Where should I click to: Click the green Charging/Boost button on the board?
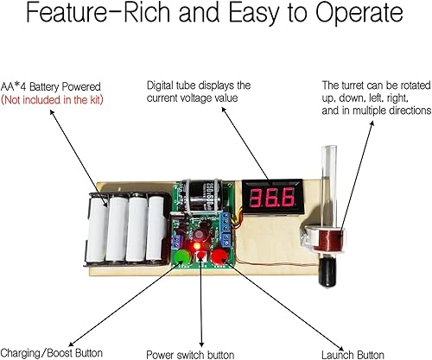183,258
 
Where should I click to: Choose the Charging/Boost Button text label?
52,352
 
